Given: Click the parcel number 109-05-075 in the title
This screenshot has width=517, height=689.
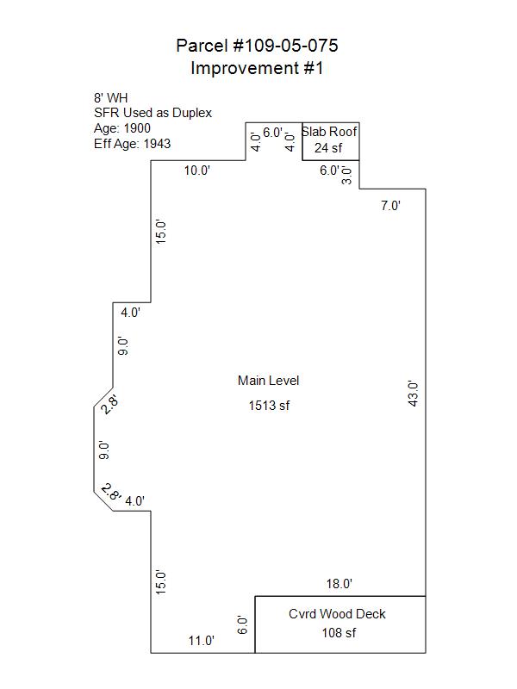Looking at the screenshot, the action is (285, 46).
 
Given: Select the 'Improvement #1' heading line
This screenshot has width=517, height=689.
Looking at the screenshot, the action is (257, 68).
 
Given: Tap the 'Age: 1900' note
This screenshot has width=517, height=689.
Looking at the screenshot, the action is (122, 128).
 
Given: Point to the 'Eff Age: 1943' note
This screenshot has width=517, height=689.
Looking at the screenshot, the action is (133, 144).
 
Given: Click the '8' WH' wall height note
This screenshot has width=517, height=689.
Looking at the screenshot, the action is (111, 97).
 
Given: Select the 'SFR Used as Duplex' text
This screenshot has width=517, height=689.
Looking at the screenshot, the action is (153, 113).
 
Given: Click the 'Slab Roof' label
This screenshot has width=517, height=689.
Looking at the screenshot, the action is (330, 132).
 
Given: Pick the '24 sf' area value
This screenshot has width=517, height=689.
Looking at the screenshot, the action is (328, 148).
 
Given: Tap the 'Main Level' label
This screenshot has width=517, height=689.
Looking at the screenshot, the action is (269, 381).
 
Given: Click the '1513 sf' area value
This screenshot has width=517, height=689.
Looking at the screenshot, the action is (269, 405).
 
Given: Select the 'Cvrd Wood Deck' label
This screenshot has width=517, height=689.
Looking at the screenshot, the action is (337, 614).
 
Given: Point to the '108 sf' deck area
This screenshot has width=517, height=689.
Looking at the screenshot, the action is (339, 633).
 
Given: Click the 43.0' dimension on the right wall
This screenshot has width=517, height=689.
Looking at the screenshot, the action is (413, 394).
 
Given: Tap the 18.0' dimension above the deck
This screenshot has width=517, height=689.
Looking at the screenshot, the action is (339, 584).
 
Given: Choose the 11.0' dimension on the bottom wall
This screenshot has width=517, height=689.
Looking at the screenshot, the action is (202, 641).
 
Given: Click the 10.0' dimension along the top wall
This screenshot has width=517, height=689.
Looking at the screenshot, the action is (197, 171).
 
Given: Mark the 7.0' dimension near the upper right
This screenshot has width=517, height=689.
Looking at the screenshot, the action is (391, 206).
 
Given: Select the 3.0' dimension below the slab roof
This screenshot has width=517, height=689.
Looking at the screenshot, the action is (347, 176).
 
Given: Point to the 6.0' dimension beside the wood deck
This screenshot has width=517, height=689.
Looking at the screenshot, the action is (242, 625).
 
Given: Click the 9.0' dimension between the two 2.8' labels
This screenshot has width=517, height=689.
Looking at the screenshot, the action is (103, 450).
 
